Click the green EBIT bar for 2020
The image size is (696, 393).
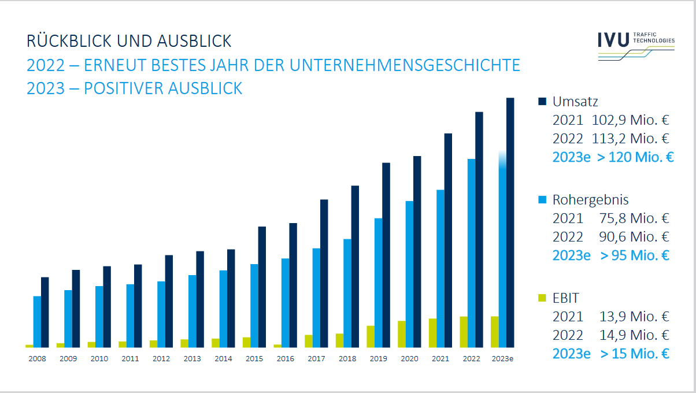coord(401,334)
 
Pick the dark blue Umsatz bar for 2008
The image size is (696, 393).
coord(45,312)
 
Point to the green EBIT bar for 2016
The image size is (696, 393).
coord(277,346)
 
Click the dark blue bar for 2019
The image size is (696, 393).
coord(386,255)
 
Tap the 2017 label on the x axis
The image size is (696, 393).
coord(316,359)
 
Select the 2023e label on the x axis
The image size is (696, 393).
coord(502,359)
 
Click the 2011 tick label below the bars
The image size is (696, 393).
coord(130,359)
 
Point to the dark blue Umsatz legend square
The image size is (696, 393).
coord(542,102)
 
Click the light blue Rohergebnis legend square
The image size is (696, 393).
coord(542,199)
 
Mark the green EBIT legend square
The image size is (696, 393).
coord(542,298)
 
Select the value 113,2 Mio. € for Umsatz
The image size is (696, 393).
coord(630,139)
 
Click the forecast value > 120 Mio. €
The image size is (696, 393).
coord(635,157)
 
